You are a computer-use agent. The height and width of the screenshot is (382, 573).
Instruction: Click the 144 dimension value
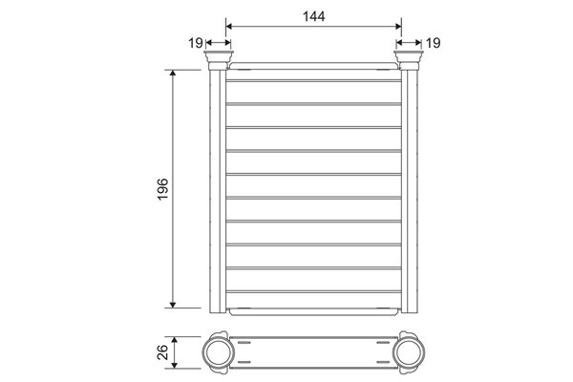point(313,16)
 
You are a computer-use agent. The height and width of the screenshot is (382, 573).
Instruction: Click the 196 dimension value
point(162,189)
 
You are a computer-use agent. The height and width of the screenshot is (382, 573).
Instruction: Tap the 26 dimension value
point(162,352)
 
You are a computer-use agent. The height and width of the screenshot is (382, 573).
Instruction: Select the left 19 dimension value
point(196,43)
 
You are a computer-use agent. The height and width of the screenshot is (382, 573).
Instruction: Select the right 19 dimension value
point(433,43)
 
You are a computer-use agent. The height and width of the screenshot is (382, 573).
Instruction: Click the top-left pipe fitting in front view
point(219,60)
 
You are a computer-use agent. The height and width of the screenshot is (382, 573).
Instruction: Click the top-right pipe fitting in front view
point(409,60)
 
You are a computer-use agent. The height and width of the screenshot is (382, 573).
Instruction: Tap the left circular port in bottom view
point(219,352)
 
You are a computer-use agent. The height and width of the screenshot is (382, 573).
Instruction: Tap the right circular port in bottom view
point(409,352)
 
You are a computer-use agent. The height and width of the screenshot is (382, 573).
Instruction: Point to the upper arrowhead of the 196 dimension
point(173,73)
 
